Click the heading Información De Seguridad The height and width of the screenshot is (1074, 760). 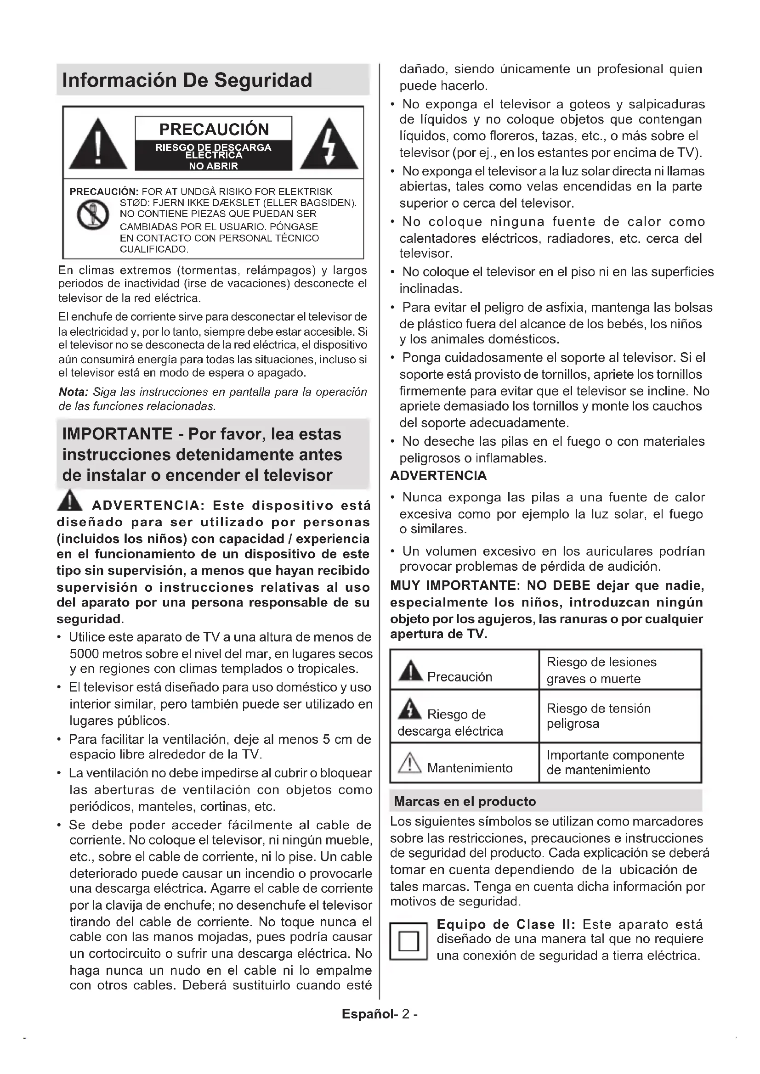(187, 80)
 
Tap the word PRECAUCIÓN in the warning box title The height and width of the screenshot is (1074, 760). (214, 129)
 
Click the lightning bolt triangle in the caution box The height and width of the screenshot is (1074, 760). (329, 146)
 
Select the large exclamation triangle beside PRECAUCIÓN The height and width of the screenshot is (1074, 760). (98, 146)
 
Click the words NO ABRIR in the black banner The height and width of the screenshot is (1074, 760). (213, 166)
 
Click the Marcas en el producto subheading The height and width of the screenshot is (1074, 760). (465, 801)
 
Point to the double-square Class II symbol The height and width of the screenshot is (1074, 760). (408, 941)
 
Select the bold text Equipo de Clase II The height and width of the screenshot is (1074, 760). (506, 925)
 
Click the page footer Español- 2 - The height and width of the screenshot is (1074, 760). (380, 1014)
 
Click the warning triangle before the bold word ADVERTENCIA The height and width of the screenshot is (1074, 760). (70, 500)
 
